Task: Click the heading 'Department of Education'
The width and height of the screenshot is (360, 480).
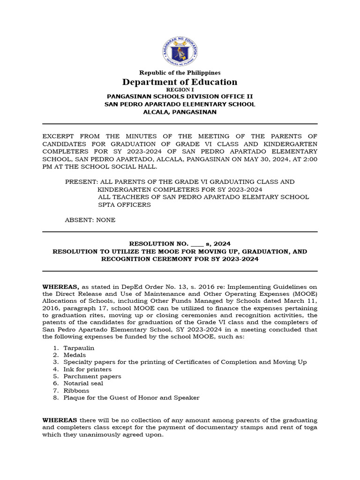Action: [x=180, y=82]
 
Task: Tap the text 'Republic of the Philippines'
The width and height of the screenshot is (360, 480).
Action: [x=180, y=73]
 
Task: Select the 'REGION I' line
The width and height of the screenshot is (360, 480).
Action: [x=180, y=89]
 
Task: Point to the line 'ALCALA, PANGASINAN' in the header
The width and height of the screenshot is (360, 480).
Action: [x=180, y=112]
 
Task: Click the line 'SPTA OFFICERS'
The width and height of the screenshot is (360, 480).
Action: [x=124, y=205]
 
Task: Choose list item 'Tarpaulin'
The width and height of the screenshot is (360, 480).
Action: [x=79, y=348]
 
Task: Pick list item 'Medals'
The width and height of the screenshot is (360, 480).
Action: [x=75, y=355]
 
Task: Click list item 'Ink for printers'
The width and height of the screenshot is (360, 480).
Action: [x=88, y=369]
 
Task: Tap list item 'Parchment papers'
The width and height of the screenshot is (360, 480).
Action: [x=92, y=376]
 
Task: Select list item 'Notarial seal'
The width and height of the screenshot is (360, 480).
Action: [x=83, y=383]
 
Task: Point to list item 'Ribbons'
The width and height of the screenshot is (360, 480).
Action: [x=76, y=390]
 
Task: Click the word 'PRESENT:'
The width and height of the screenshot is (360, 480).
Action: [x=80, y=181]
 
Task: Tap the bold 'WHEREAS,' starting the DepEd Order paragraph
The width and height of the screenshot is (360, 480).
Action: [x=61, y=286]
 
